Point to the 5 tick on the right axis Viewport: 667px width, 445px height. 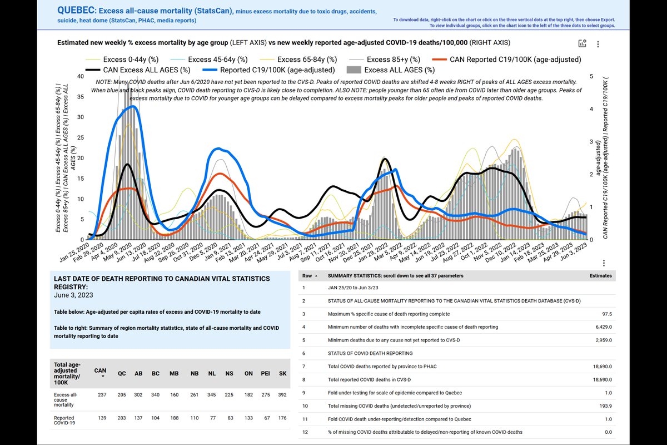[x=592, y=76]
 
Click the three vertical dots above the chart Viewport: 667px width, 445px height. [x=598, y=44]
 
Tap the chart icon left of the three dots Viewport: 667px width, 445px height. [x=583, y=44]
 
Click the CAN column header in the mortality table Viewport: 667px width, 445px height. [x=101, y=370]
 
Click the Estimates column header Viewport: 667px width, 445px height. [x=600, y=275]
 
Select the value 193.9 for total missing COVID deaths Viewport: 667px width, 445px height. [x=604, y=406]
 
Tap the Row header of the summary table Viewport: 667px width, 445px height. [x=307, y=275]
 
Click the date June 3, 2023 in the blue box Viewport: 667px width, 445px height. [x=73, y=295]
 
